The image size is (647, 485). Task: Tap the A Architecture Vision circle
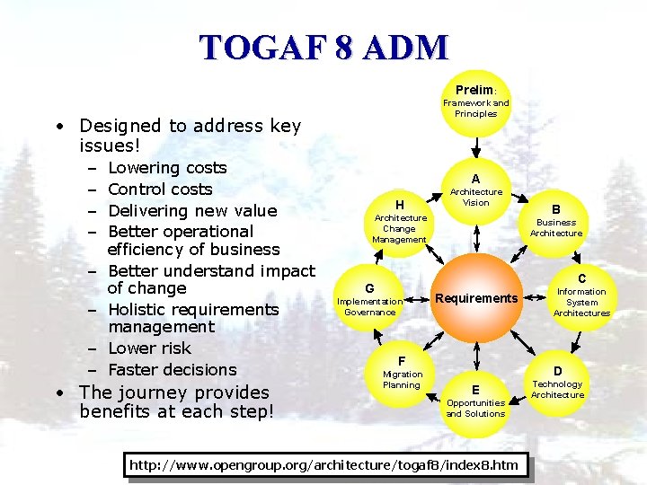pyautogui.click(x=475, y=190)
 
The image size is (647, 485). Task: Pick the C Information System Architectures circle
pyautogui.click(x=581, y=296)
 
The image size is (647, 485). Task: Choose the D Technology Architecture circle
pyautogui.click(x=557, y=383)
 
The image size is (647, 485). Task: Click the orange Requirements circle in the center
pyautogui.click(x=475, y=298)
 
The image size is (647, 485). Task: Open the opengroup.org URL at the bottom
pyautogui.click(x=323, y=464)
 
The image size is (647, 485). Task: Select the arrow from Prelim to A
pyautogui.click(x=475, y=146)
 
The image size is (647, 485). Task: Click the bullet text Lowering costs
pyautogui.click(x=167, y=168)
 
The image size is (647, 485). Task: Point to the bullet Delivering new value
pyautogui.click(x=192, y=211)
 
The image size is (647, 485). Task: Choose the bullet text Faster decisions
pyautogui.click(x=172, y=370)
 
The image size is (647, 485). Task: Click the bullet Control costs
pyautogui.click(x=160, y=190)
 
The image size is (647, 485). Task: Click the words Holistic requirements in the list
pyautogui.click(x=193, y=310)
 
